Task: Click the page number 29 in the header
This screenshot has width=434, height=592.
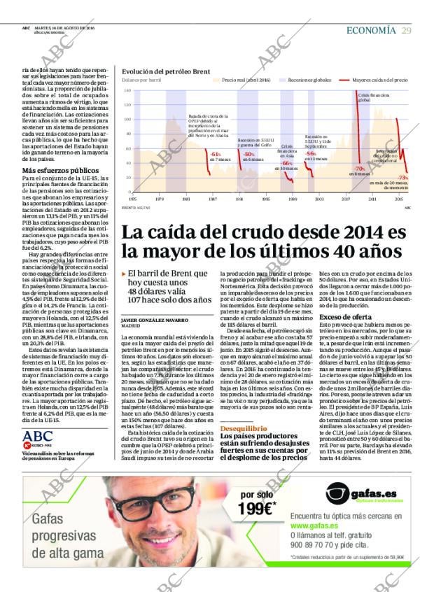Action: pyautogui.click(x=406, y=30)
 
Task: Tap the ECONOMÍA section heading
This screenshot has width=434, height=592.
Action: pyautogui.click(x=371, y=30)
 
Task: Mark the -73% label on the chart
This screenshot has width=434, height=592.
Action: pyautogui.click(x=402, y=178)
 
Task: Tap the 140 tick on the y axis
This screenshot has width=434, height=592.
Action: pyautogui.click(x=127, y=91)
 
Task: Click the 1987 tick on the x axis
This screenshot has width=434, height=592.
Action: pyautogui.click(x=213, y=199)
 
